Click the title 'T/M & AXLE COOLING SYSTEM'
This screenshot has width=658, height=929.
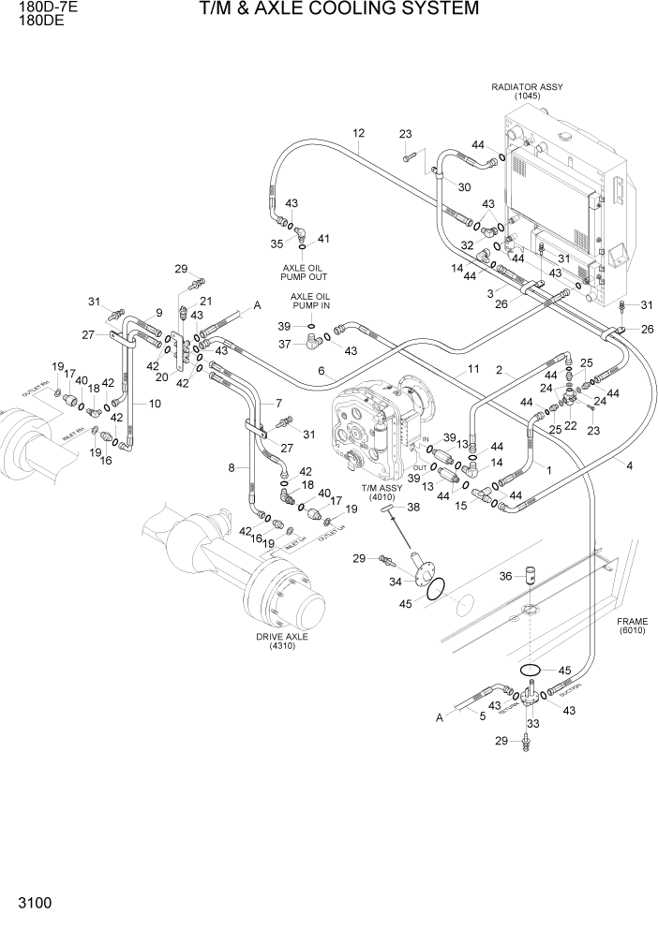point(338,9)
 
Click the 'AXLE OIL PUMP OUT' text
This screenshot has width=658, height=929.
point(305,272)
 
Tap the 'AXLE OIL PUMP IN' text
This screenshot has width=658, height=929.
point(309,301)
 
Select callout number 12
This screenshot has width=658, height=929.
point(358,132)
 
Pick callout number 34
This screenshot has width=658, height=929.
point(395,582)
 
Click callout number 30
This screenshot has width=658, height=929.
point(463,187)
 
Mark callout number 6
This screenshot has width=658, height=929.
point(320,371)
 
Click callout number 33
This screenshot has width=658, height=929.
point(531,724)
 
